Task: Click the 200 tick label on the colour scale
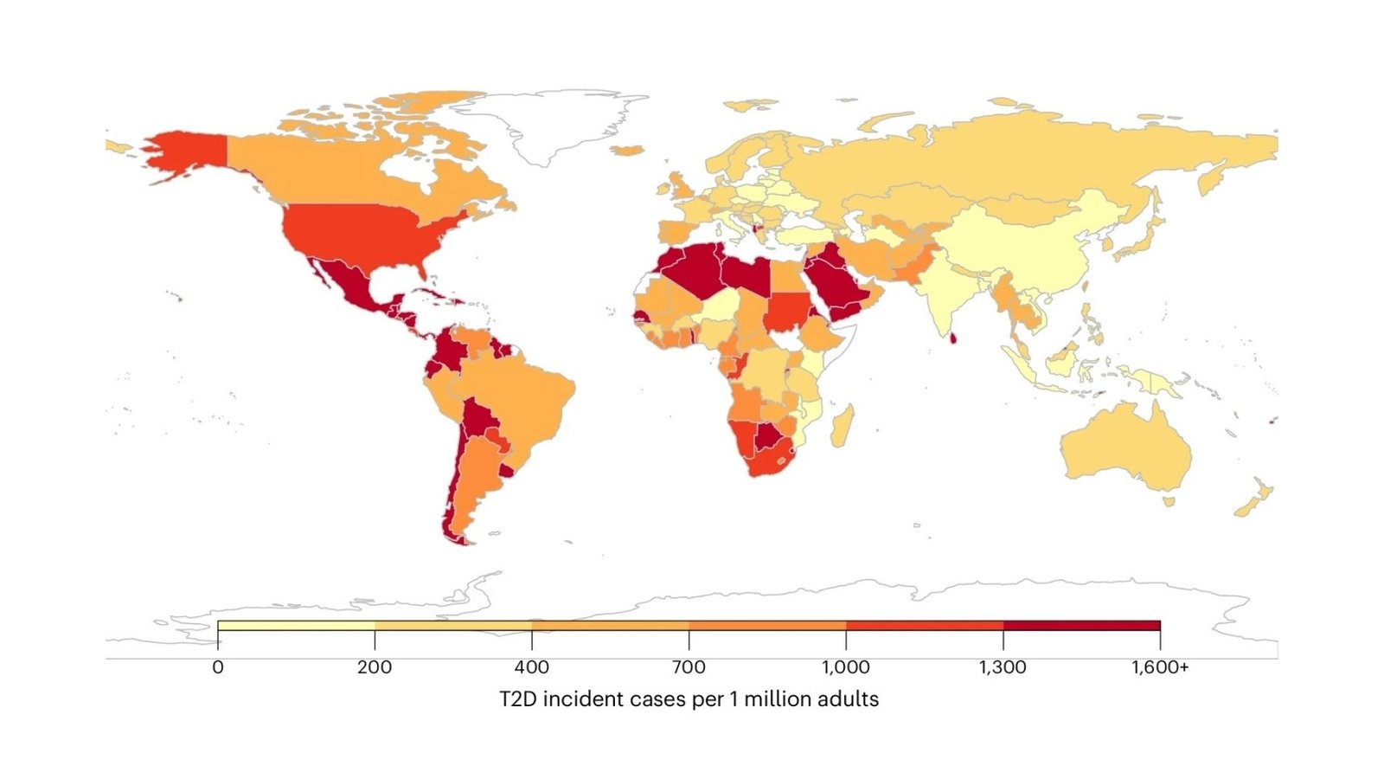375,667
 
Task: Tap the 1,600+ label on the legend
1160,667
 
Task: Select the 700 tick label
689,667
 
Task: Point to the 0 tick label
218,667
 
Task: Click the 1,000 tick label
846,667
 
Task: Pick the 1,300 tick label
1003,667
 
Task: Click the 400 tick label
532,667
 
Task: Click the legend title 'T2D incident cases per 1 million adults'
689,699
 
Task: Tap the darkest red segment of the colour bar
1081,625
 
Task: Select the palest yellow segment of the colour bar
296,625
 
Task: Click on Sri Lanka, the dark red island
953,338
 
